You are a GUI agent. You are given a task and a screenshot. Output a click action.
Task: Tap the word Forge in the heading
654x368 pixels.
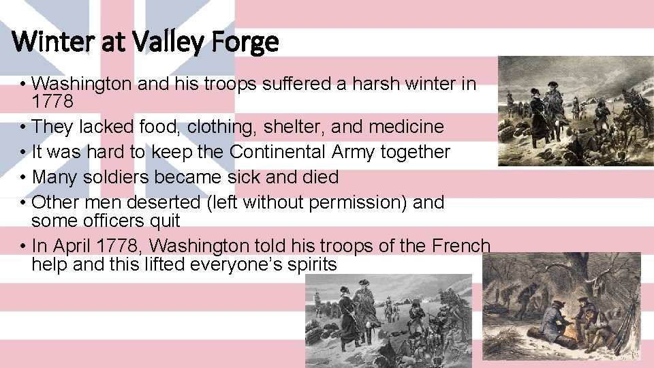click(x=245, y=42)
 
